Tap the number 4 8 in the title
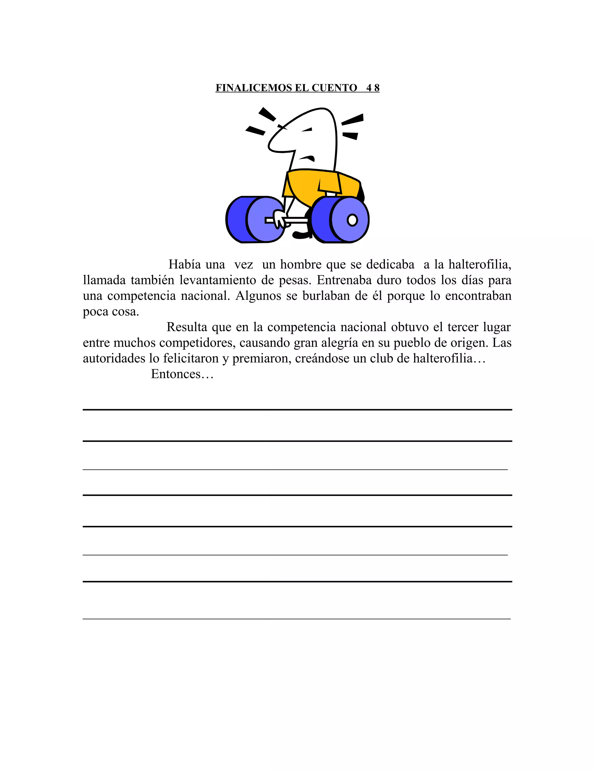click(372, 88)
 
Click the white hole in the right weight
click(352, 220)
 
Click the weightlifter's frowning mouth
click(307, 158)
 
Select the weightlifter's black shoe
click(301, 234)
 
